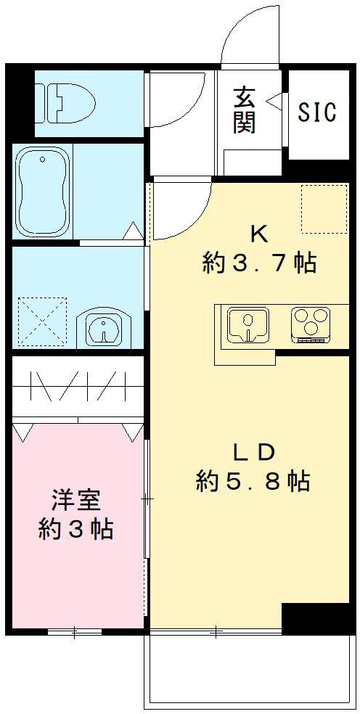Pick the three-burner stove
pos(311,324)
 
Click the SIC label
pos(317,112)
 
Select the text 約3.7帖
pos(259,263)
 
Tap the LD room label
pos(253,451)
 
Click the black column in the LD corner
pos(305,617)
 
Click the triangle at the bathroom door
pos(134,231)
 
